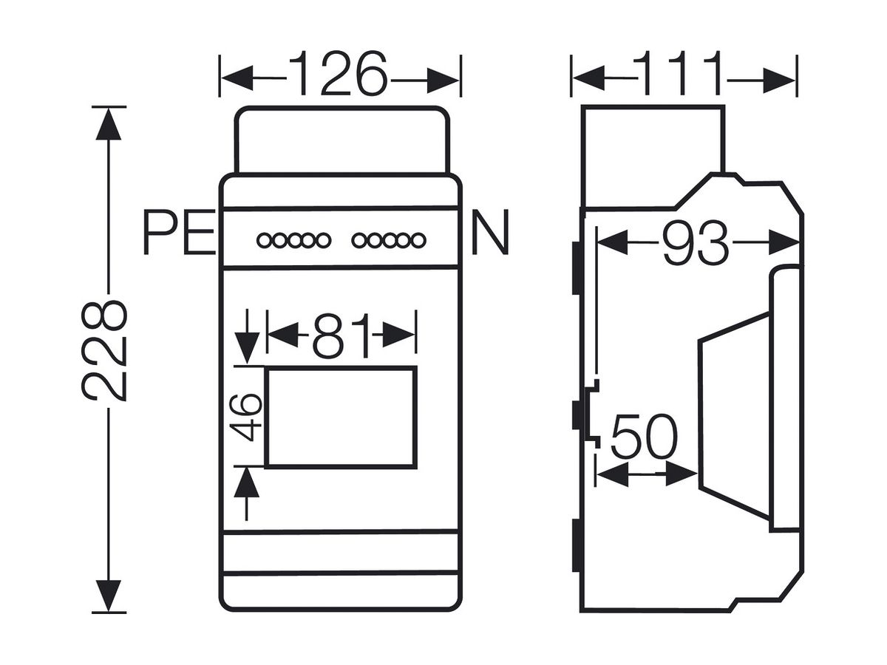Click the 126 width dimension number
point(337,73)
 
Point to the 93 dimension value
point(695,242)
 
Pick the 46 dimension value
point(245,417)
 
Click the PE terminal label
point(180,232)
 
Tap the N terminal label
point(490,232)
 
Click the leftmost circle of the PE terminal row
point(265,241)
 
